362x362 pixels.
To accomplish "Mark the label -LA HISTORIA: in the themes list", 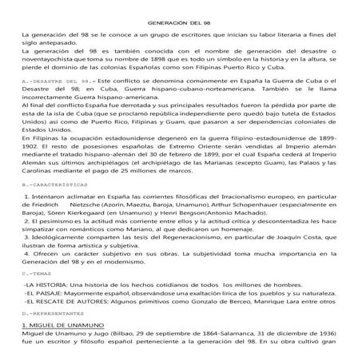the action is (x=46, y=284).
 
